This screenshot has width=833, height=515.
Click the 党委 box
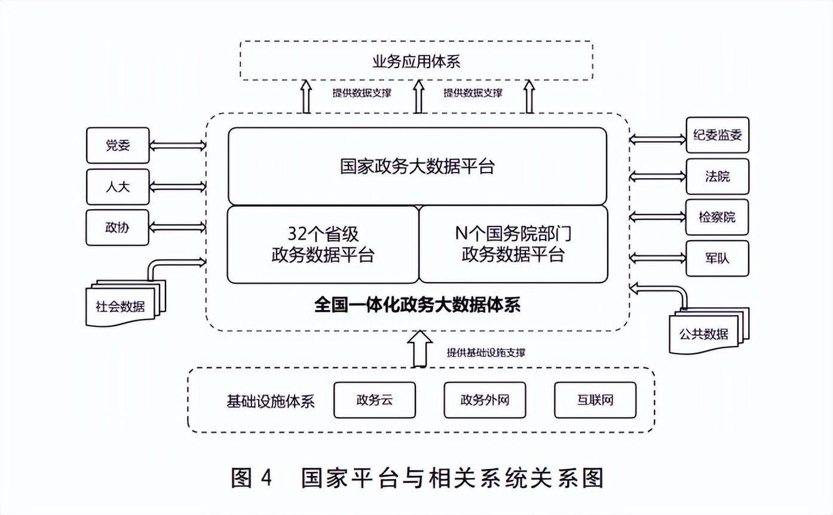118,145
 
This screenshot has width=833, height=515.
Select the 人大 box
118,187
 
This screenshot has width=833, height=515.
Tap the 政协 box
118,228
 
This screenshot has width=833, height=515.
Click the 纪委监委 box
717,135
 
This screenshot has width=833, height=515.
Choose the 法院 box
717,177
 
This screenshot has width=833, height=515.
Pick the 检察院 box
717,217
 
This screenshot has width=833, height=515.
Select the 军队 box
717,259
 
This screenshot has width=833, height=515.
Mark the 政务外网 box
485,400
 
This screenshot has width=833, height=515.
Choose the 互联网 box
595,400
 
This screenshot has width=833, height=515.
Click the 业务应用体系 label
416,61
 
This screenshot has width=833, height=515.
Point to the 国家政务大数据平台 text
417,166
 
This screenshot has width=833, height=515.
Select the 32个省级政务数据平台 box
323,244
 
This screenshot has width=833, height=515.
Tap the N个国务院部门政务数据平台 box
513,244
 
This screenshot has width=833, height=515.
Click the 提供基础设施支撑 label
485,352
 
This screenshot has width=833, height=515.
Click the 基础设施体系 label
270,400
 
